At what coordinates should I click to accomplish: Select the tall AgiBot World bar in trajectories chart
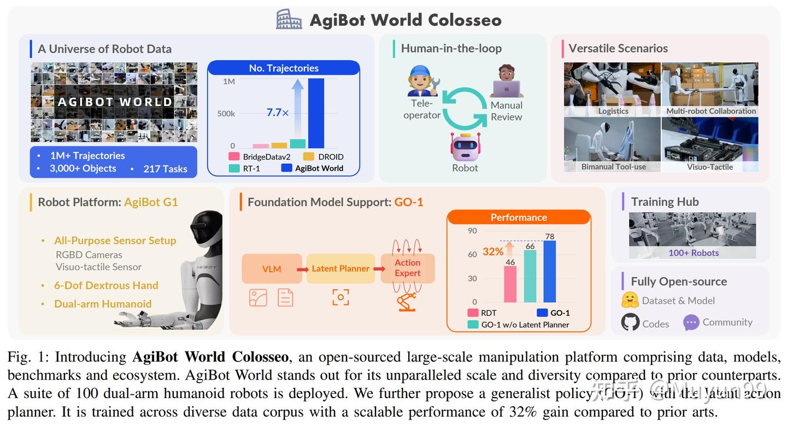point(316,113)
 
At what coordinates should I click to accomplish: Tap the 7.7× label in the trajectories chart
point(278,113)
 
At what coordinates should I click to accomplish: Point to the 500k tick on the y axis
point(226,114)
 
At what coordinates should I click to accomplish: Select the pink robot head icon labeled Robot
point(465,146)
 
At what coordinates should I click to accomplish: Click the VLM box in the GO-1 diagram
point(272,269)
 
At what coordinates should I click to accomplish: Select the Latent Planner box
point(340,269)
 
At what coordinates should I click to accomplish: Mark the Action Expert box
point(408,268)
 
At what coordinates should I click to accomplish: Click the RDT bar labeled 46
point(510,284)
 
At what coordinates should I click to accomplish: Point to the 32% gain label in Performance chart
point(493,252)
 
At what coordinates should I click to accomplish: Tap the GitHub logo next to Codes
point(630,322)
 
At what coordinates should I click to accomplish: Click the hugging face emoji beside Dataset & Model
point(630,300)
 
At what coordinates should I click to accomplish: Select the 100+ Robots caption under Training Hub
point(694,253)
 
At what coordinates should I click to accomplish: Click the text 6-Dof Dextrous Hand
point(106,285)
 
